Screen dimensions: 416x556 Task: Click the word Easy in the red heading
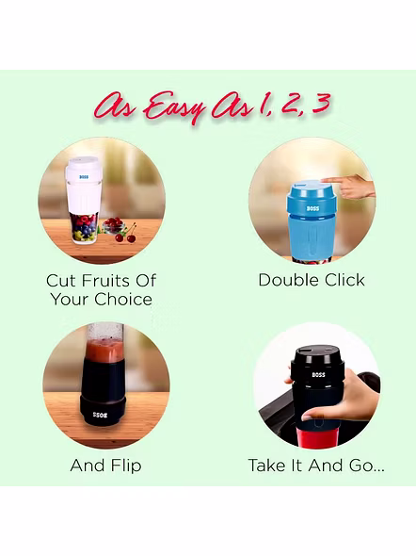tap(175, 107)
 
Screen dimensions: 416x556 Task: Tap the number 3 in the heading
tap(320, 103)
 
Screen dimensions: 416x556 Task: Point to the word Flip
tap(126, 466)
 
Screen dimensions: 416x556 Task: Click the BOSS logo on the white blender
tap(84, 176)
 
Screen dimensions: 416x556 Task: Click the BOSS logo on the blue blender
tap(312, 208)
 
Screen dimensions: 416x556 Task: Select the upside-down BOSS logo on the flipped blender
tap(100, 415)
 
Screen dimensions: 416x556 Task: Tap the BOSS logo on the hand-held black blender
tap(318, 375)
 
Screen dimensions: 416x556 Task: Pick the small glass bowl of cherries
tap(113, 226)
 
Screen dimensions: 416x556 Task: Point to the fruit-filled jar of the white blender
tap(84, 228)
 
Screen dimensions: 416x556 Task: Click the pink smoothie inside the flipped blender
tap(105, 352)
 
